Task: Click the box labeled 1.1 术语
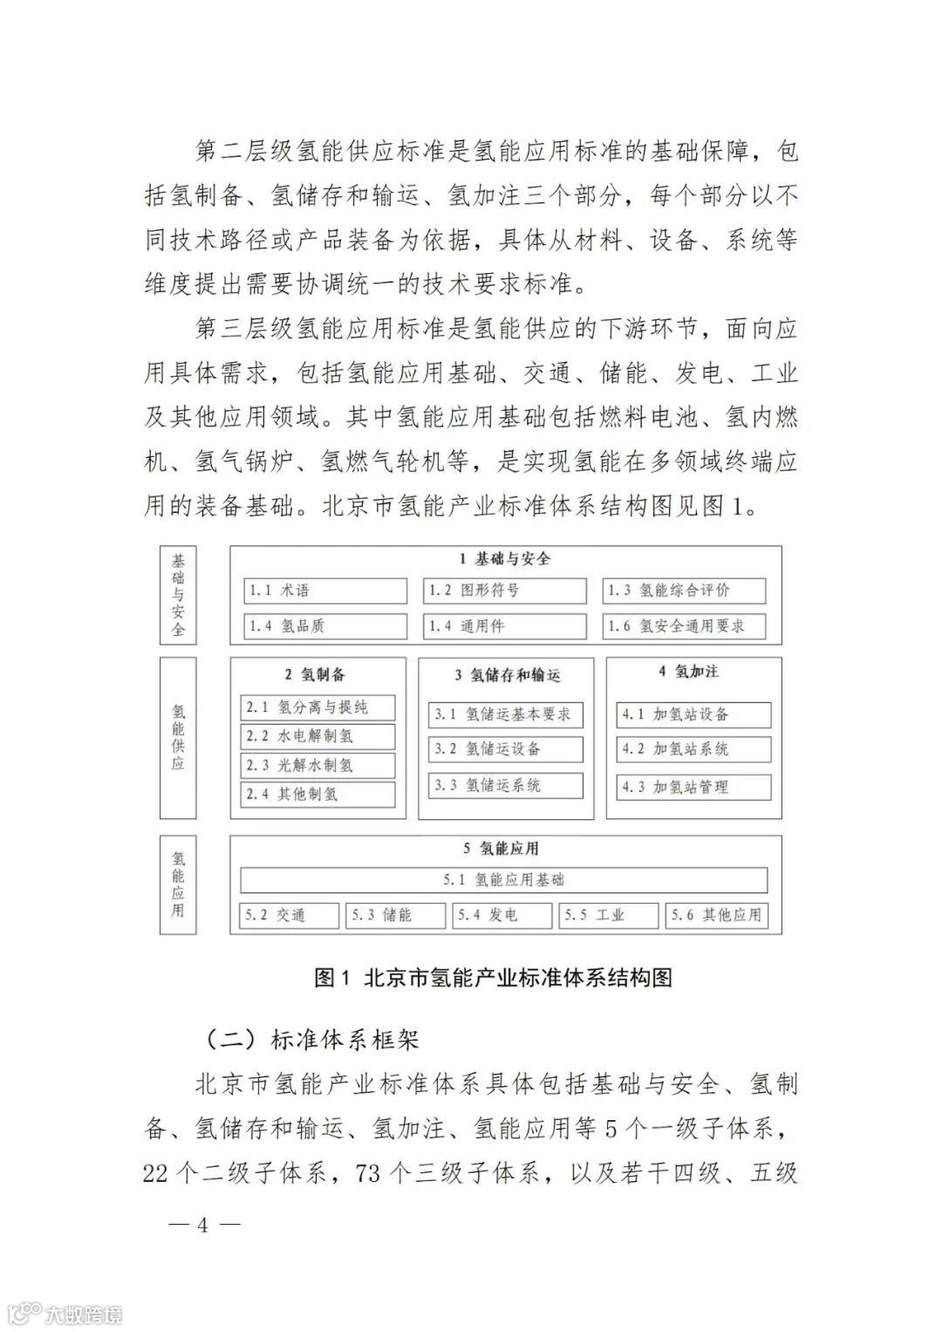(324, 591)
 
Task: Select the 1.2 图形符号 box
(505, 591)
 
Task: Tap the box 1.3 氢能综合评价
(684, 591)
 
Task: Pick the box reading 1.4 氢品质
(324, 626)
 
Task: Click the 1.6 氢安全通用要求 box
(684, 626)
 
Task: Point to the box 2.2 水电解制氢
(317, 736)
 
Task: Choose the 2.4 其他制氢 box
(317, 795)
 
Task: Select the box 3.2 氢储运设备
(506, 749)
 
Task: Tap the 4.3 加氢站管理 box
(694, 787)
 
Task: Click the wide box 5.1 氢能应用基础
(504, 880)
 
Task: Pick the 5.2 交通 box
(289, 915)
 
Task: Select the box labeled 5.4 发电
(503, 915)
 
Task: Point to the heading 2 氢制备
(315, 674)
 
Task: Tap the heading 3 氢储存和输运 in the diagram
(507, 675)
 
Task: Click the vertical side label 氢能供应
(178, 737)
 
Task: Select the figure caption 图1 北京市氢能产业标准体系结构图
(494, 978)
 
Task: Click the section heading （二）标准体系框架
(309, 1039)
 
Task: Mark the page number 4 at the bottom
(203, 1225)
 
